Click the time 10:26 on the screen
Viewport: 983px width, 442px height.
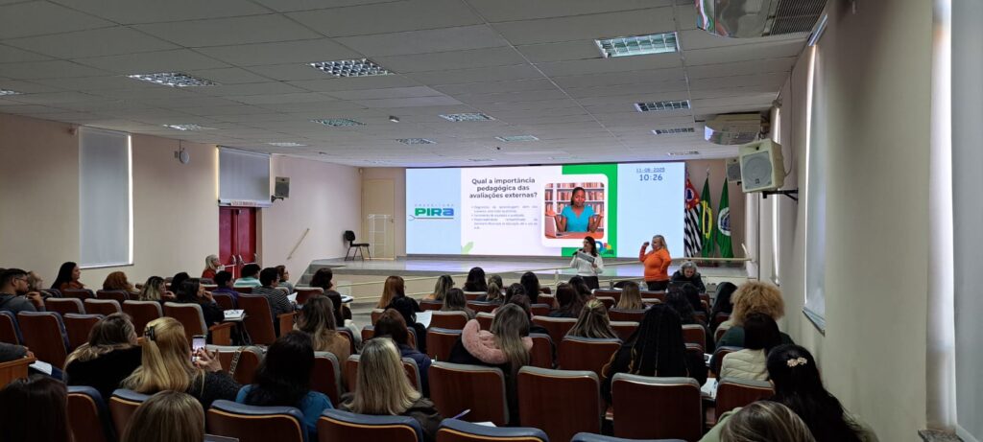click(650, 177)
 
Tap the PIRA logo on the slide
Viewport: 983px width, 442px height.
click(434, 212)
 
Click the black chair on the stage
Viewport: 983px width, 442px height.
click(355, 244)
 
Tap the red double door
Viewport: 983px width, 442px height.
click(237, 236)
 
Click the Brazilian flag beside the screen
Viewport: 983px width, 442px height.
click(707, 219)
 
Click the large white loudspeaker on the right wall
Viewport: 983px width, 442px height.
click(761, 166)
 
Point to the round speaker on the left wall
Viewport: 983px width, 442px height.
click(182, 155)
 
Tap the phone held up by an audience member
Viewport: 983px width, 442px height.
click(198, 342)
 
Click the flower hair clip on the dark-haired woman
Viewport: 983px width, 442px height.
click(796, 361)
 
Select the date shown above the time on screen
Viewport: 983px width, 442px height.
click(650, 170)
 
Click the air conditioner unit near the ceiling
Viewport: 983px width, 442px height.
click(733, 128)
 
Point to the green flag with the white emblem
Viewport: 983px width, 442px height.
click(724, 221)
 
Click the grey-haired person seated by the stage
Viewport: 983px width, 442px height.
click(687, 276)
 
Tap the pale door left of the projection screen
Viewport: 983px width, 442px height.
click(378, 218)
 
